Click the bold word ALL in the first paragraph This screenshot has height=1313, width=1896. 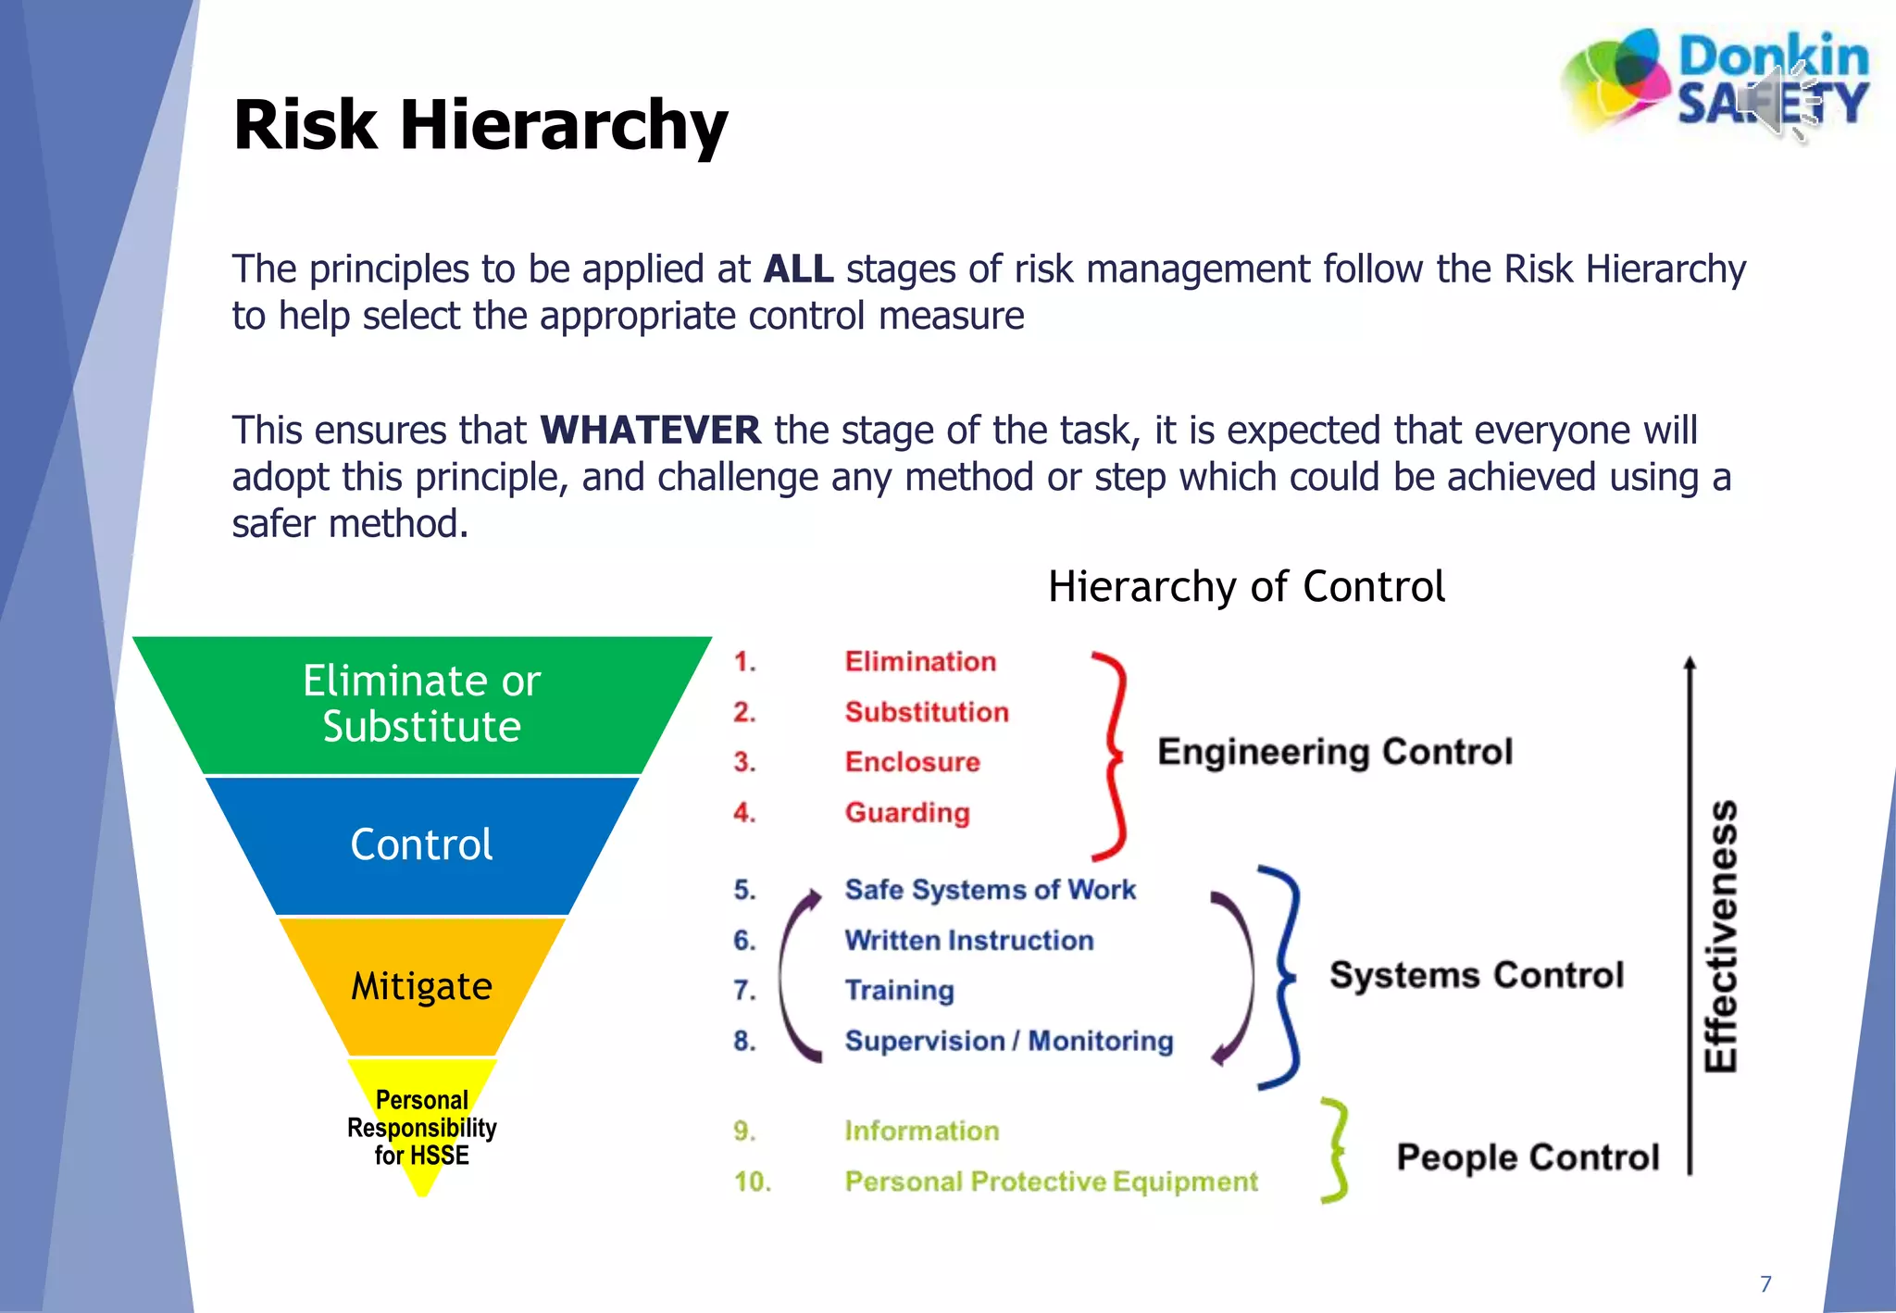pos(798,269)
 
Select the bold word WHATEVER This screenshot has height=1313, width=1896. pos(650,431)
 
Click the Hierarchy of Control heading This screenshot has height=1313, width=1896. pos(1245,586)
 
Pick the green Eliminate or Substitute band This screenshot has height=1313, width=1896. pos(421,704)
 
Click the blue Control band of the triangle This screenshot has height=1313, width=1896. pos(421,844)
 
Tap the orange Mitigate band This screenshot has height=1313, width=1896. pos(421,986)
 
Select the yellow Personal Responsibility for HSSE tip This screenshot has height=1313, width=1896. pos(421,1127)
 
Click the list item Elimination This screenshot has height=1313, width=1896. pos(920,661)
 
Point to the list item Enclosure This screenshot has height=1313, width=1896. pos(912,762)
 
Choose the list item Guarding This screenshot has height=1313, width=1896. pos(907,812)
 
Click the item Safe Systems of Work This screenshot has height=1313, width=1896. pos(990,890)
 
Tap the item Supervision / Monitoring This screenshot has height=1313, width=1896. pos(1008,1041)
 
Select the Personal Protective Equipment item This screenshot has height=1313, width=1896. pos(1051,1182)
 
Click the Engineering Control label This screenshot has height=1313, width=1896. pos(1334,752)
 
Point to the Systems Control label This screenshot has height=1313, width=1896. pos(1477,975)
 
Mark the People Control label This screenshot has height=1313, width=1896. pos(1528,1157)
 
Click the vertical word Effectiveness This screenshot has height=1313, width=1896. pos(1721,935)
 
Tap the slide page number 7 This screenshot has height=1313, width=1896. pos(1765,1283)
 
